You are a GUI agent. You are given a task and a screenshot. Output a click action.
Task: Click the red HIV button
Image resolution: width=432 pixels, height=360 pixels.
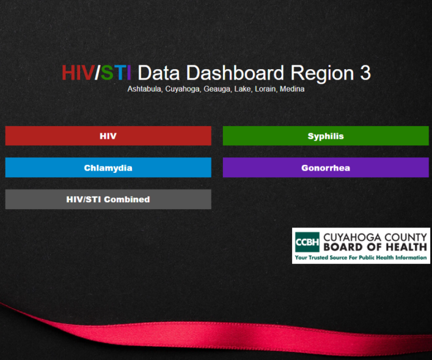108,136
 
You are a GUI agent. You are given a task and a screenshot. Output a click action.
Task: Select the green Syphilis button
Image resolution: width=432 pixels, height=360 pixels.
325,136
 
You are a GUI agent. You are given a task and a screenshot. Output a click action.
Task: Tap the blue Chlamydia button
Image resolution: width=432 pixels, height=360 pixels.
108,168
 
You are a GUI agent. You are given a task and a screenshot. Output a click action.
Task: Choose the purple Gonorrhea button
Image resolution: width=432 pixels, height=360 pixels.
325,168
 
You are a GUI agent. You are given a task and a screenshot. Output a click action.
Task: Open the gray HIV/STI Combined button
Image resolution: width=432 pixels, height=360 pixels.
108,199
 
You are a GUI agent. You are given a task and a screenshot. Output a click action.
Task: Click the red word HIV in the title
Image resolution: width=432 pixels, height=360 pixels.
78,73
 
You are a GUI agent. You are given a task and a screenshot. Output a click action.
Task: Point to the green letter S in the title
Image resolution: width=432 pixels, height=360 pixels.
107,73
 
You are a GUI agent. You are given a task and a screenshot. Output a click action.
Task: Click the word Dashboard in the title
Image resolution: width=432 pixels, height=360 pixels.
235,73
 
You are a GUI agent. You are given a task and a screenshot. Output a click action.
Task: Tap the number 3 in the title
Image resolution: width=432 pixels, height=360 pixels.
365,73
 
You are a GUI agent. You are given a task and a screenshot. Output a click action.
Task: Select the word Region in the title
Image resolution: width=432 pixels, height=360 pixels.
323,74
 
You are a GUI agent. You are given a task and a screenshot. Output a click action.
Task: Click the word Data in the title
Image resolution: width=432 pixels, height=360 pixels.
159,73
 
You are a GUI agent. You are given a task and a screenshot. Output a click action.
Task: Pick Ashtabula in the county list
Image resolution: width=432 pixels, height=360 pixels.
145,89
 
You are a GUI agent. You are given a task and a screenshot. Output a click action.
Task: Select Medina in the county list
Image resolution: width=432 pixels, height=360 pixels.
292,89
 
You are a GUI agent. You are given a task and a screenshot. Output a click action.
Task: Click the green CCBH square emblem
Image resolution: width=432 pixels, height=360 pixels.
307,242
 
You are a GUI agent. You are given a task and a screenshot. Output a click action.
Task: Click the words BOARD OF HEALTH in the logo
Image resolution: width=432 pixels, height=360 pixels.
375,247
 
